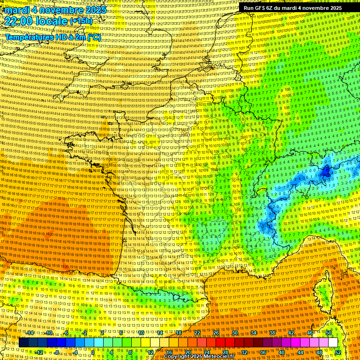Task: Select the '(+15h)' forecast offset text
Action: click(81, 21)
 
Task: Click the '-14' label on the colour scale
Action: click(30, 332)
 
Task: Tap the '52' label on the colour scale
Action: click(338, 352)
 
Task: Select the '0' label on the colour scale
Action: click(93, 352)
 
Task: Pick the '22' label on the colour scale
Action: click(197, 332)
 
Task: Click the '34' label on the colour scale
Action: click(254, 332)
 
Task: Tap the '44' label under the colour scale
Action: click(300, 352)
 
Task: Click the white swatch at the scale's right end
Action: click(333, 343)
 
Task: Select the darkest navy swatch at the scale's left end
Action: click(23, 343)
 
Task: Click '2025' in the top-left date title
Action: click(93, 10)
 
